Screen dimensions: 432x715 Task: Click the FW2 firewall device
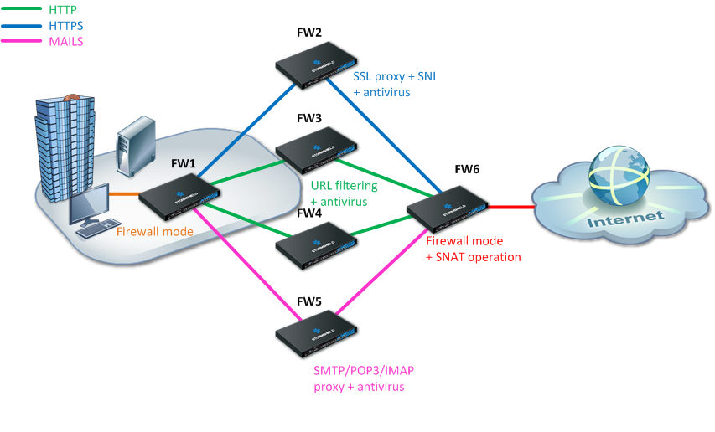point(317,64)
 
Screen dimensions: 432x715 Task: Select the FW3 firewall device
point(317,149)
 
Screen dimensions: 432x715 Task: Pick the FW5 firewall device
point(317,332)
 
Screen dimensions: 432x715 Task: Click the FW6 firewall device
point(447,205)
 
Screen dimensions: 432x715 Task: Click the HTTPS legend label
point(65,26)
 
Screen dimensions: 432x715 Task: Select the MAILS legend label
point(66,40)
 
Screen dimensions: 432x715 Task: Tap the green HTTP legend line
point(22,10)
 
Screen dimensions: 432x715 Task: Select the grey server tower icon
point(135,148)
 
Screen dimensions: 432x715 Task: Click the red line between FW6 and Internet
point(511,207)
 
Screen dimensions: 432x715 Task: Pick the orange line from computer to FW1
point(124,196)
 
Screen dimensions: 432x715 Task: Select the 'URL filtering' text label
point(344,186)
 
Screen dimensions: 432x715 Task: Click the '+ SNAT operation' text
point(474,257)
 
